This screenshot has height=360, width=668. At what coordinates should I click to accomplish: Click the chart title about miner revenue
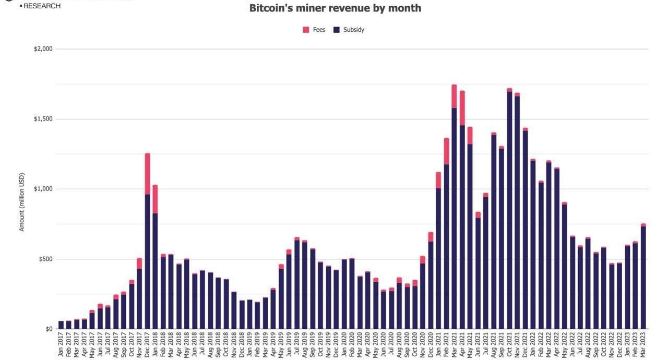tap(335, 8)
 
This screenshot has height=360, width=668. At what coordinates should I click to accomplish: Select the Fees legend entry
tap(314, 30)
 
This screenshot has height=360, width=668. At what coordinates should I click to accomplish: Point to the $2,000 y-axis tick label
tap(43, 49)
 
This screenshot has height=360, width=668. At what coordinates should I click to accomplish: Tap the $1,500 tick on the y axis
tap(43, 119)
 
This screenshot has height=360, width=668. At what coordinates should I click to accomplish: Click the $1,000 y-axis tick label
tap(43, 189)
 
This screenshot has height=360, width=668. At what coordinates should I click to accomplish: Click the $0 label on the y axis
tap(49, 329)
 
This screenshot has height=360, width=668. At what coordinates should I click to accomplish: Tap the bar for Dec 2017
tap(147, 261)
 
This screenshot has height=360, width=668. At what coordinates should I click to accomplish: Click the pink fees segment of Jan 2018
tap(155, 199)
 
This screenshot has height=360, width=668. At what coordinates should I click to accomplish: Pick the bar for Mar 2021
tap(454, 219)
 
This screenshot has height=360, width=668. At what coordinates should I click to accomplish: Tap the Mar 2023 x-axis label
tap(643, 345)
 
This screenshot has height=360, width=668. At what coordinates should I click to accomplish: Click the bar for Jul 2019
tap(297, 284)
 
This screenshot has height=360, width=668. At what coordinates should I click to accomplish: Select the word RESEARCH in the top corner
tap(42, 6)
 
